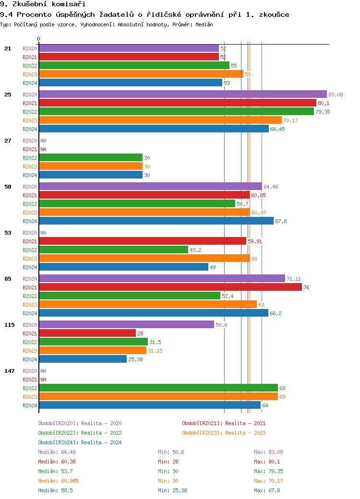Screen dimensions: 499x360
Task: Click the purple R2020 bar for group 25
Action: pyautogui.click(x=182, y=95)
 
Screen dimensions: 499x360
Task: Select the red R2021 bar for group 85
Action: pyautogui.click(x=170, y=287)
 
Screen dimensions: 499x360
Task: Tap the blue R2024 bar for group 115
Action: pyautogui.click(x=83, y=359)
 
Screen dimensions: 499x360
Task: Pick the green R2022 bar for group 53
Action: pyautogui.click(x=113, y=250)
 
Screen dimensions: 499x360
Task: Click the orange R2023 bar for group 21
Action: pyautogui.click(x=141, y=74)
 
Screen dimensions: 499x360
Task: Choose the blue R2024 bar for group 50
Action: pyautogui.click(x=156, y=221)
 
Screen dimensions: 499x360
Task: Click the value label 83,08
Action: pyautogui.click(x=336, y=95)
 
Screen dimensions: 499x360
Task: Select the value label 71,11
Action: pyautogui.click(x=293, y=279)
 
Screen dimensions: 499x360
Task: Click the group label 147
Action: pyautogui.click(x=9, y=371)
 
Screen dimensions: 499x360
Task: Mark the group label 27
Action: pyautogui.click(x=8, y=141)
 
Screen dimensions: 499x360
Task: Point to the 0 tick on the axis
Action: pyautogui.click(x=39, y=39)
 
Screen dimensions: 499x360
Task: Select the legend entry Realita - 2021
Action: pyautogui.click(x=224, y=423)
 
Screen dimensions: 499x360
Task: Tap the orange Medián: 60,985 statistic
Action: pyautogui.click(x=58, y=481)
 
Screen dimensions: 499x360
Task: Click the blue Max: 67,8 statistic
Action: pyautogui.click(x=268, y=490)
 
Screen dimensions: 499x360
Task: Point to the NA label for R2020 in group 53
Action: pyautogui.click(x=43, y=233)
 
